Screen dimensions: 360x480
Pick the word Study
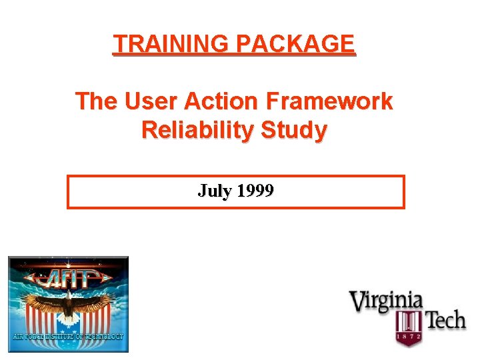point(294,131)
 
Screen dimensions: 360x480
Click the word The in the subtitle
point(95,102)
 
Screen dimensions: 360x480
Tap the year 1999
point(255,191)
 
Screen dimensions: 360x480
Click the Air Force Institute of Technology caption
point(67,337)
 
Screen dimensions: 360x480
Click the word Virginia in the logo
point(387,301)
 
